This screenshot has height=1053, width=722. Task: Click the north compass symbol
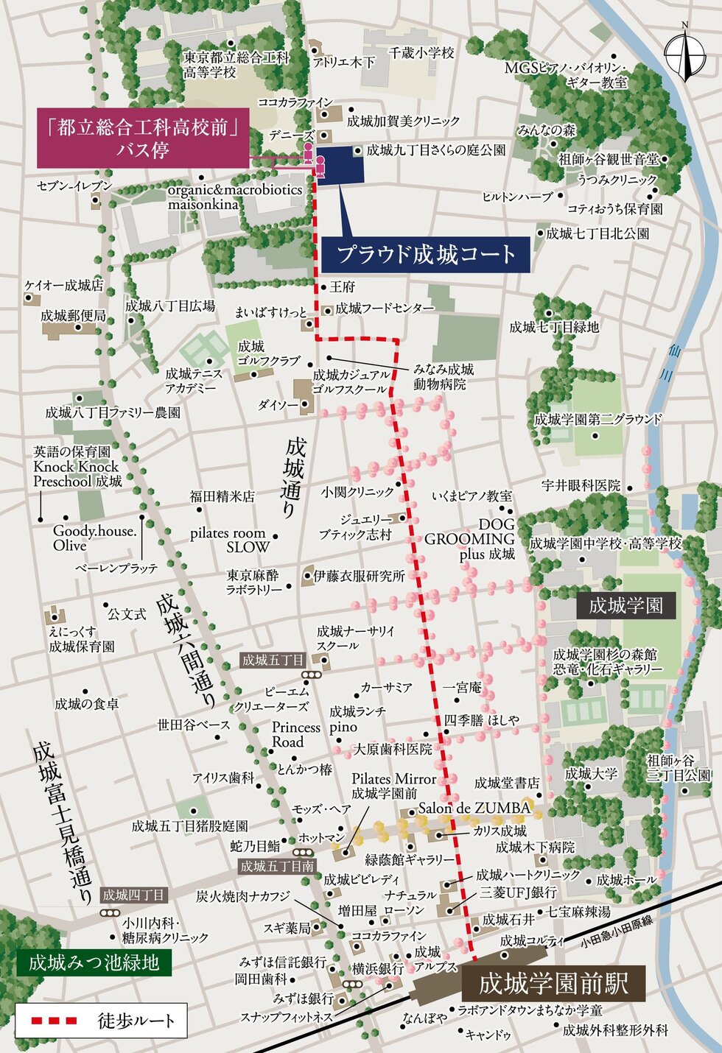click(684, 53)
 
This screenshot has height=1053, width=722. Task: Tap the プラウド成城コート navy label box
click(426, 255)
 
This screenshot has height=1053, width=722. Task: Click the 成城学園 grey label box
click(625, 606)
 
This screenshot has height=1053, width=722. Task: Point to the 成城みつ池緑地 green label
click(94, 962)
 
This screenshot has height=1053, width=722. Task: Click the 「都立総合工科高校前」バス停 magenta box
click(143, 138)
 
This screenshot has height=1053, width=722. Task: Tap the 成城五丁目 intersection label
click(273, 661)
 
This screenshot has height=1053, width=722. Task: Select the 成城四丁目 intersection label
click(134, 895)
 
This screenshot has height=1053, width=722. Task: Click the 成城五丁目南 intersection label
click(277, 867)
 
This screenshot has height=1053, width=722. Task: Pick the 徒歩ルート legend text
click(136, 1021)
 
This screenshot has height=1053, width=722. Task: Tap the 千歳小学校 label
click(421, 53)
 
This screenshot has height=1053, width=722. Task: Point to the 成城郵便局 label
click(73, 316)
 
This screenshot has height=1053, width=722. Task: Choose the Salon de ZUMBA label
click(474, 808)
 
